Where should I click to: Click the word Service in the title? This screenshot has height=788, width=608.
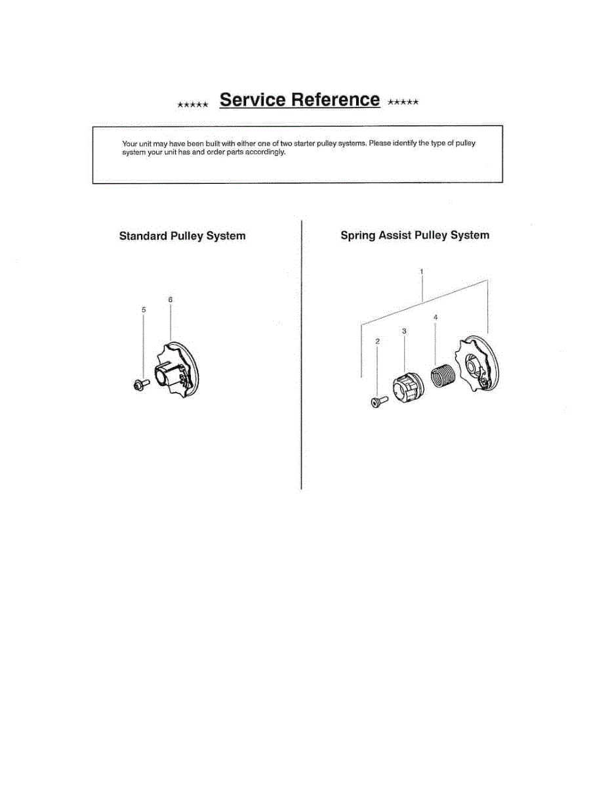253,100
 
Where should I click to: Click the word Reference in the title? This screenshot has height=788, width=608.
335,100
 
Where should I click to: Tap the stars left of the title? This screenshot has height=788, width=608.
193,104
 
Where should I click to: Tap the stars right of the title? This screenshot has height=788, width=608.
403,102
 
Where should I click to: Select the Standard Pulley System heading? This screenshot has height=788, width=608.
182,236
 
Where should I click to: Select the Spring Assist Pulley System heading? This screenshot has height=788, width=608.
415,235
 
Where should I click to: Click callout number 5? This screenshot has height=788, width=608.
144,309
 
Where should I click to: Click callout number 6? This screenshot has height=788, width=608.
170,299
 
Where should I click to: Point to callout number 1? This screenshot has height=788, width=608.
422,271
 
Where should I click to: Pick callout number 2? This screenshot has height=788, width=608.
377,341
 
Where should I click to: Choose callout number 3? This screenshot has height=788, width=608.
404,332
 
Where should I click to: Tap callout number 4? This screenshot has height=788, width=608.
436,317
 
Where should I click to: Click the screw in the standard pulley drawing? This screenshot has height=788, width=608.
140,385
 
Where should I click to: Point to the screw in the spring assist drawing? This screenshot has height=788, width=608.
378,401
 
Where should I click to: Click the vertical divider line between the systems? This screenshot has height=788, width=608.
301,355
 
